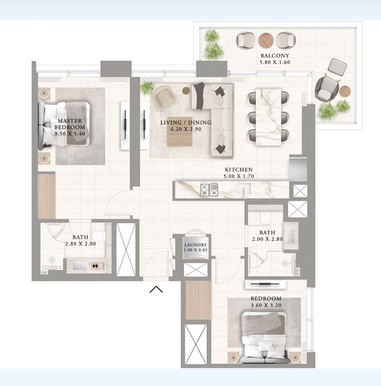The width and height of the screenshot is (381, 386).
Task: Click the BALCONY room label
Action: coord(275,56)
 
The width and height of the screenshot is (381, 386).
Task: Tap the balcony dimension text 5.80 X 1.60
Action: coord(275,62)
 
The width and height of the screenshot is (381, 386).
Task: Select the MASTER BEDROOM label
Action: coord(70,124)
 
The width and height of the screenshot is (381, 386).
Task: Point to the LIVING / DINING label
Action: coord(186,122)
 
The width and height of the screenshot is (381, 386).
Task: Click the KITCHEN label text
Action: coord(239,169)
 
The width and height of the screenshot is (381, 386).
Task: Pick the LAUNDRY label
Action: coord(195,245)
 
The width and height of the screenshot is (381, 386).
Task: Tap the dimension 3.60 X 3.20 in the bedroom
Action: coord(266,305)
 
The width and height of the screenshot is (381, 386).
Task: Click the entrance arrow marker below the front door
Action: coord(156,289)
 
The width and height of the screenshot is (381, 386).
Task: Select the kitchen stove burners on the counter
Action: coord(209,190)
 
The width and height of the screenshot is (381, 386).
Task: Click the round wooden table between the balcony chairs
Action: coord(266,41)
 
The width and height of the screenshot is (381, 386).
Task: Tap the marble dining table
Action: coord(269,117)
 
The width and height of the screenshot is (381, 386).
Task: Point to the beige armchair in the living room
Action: coord(164,96)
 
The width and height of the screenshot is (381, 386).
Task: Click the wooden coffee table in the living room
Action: coord(180,132)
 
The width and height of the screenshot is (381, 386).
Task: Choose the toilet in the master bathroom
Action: coord(99,236)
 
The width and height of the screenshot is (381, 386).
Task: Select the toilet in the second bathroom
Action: coord(266,217)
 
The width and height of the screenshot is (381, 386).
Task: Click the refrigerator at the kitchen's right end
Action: coord(298,169)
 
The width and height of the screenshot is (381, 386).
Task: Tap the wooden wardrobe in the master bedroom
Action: coord(47,197)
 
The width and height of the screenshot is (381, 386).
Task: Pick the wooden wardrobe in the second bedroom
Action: coord(198,300)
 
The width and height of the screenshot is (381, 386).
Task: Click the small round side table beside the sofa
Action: coord(186,90)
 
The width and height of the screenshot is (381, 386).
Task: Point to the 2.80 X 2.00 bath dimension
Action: coord(80,244)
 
